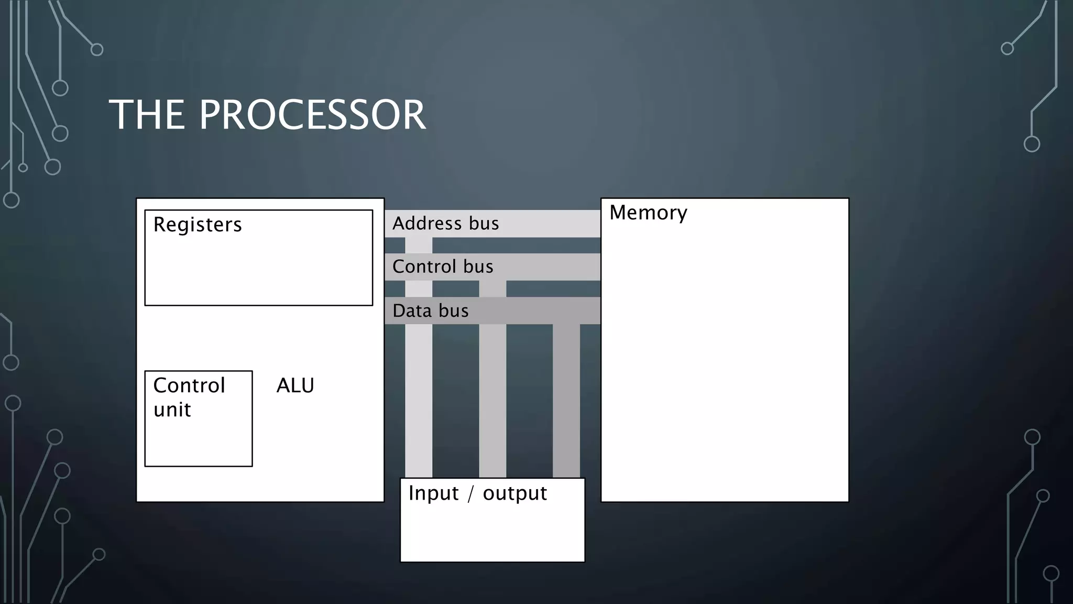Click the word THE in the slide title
147,115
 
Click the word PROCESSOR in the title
312,115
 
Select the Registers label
198,224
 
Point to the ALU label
295,386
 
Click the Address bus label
445,223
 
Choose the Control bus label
443,267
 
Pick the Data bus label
430,311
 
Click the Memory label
648,213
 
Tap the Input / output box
492,530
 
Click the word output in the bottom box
514,494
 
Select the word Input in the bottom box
433,493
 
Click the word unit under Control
172,410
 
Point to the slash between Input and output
470,494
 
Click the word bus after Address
484,223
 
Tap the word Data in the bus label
412,311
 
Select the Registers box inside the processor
258,267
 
